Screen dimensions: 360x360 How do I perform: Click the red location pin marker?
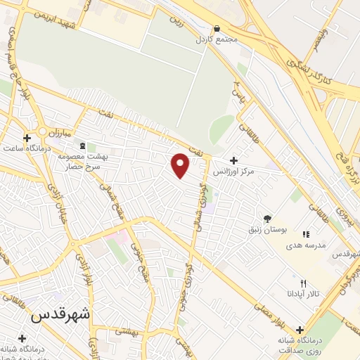coord(181,165)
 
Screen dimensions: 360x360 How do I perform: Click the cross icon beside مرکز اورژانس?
coord(233,160)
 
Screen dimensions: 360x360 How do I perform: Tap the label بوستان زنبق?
coord(266,229)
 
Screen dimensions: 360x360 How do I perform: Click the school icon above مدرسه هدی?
coord(305,233)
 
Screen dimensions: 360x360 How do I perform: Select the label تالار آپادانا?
coord(303,292)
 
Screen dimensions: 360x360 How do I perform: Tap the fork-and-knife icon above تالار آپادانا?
coord(303,283)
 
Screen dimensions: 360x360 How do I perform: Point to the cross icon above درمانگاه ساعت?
coord(27,138)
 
